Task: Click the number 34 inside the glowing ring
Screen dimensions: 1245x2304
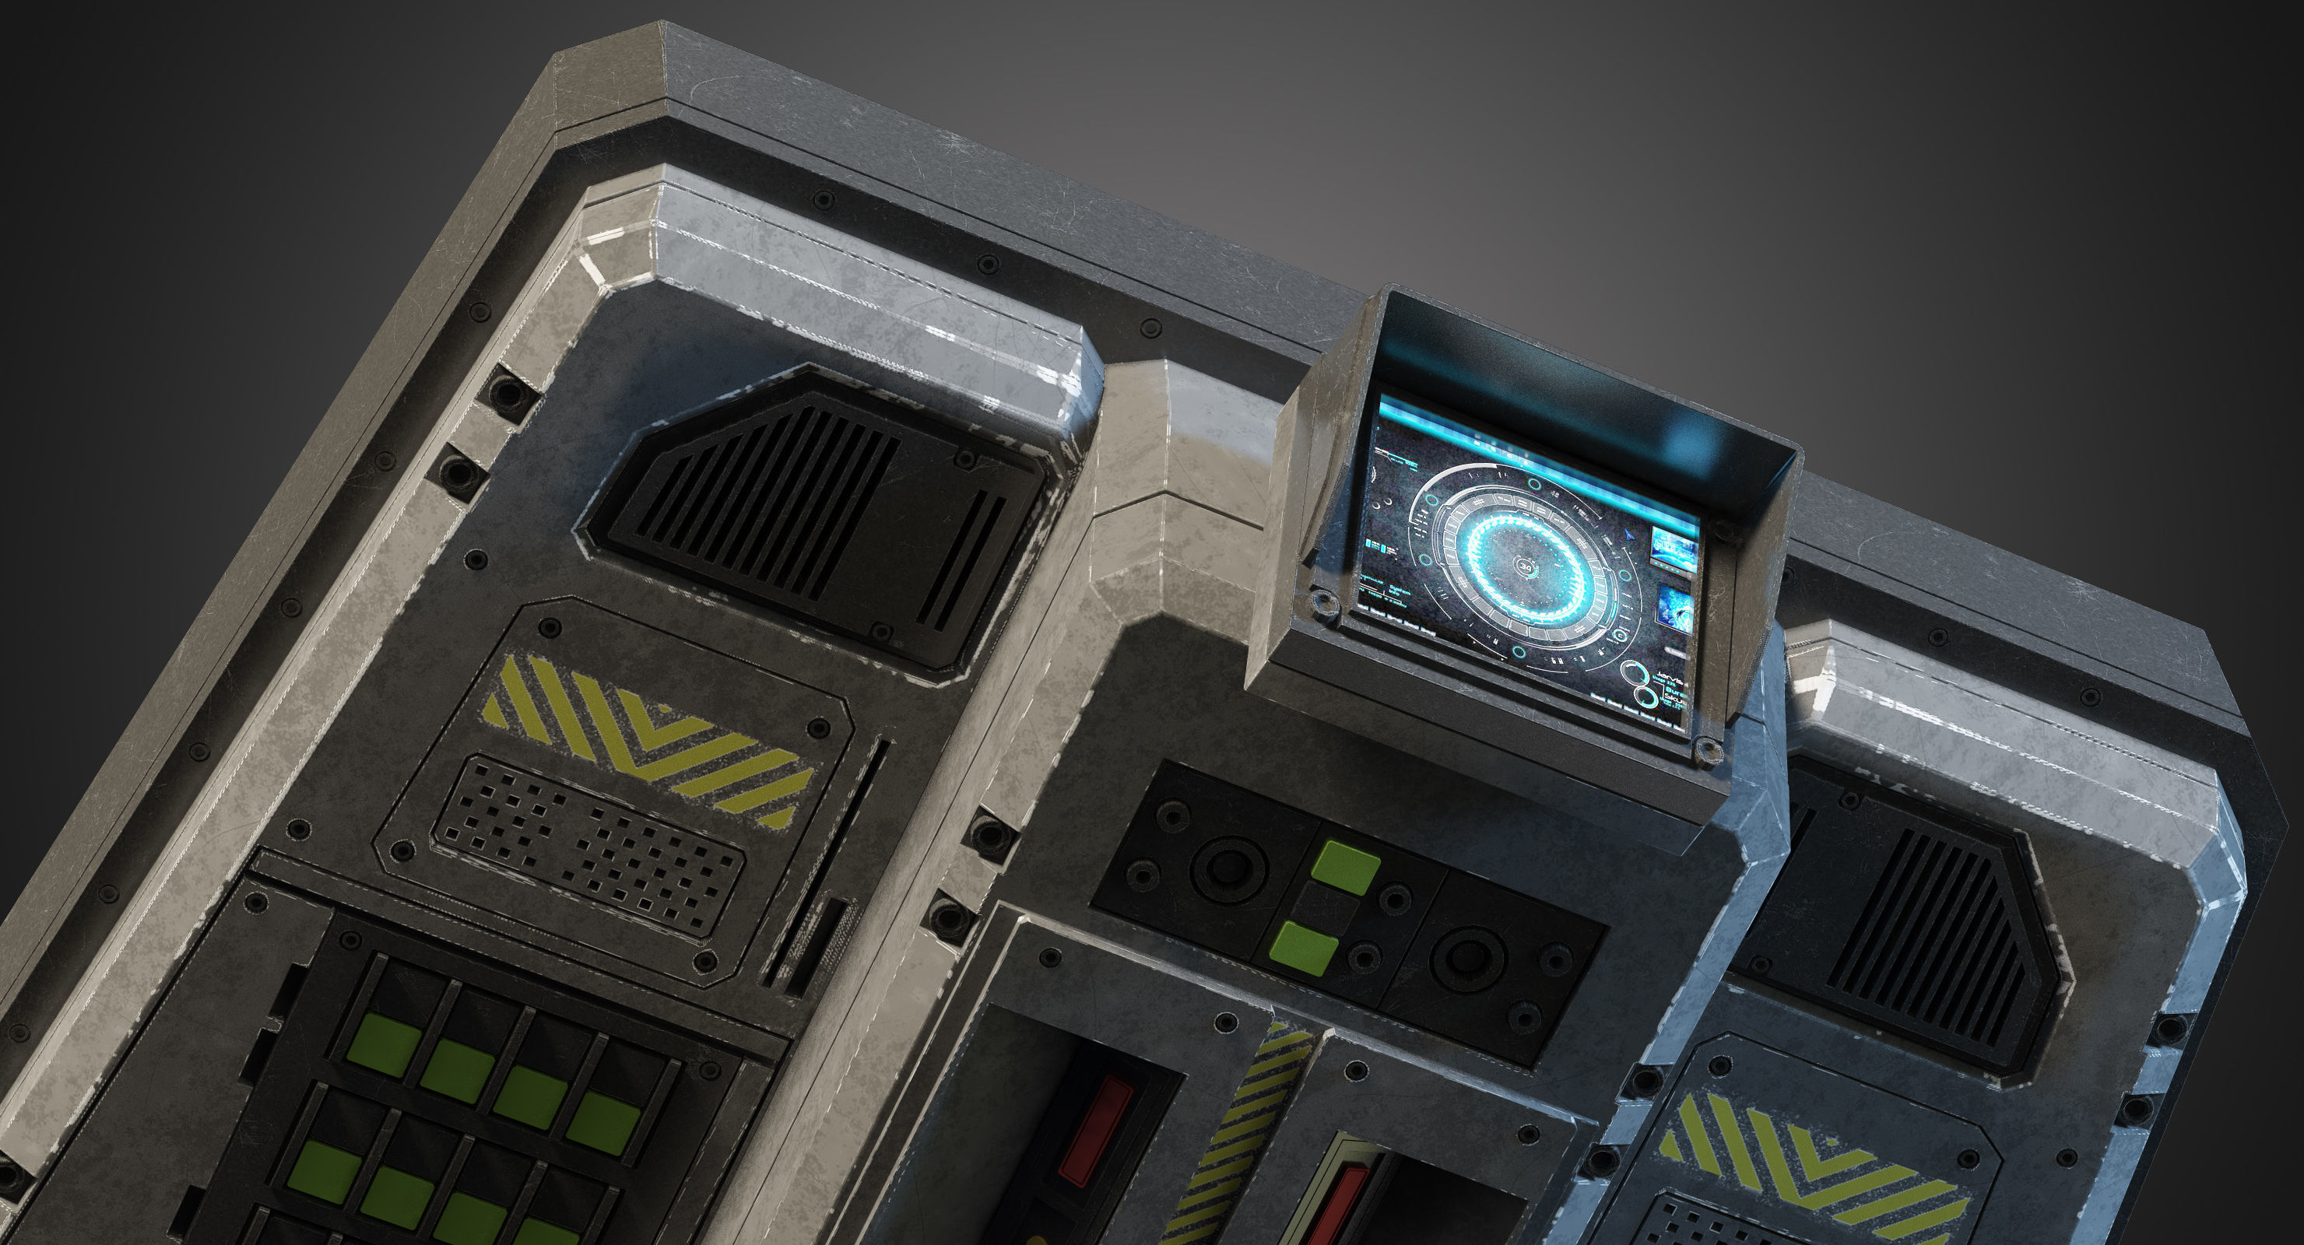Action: click(1526, 567)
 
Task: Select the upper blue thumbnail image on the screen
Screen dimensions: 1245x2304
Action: click(1674, 547)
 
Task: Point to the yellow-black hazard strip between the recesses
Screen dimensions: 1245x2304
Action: click(1238, 1136)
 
